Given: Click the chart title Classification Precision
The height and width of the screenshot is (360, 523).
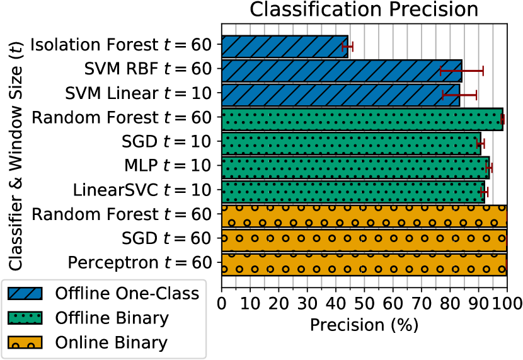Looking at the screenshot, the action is [364, 9].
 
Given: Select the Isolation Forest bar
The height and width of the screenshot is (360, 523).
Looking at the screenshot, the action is [285, 47].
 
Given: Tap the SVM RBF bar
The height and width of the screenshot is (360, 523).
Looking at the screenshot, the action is [342, 71].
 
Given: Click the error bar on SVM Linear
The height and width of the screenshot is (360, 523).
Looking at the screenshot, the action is [459, 95].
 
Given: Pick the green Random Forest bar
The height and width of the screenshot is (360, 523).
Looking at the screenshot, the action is [362, 119].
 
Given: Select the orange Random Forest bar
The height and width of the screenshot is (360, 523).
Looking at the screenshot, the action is [364, 216].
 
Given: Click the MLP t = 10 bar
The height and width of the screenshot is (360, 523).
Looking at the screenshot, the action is [355, 168].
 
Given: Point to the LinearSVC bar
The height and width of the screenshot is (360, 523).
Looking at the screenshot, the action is [353, 192].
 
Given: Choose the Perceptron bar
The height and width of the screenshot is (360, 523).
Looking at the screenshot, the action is [364, 265].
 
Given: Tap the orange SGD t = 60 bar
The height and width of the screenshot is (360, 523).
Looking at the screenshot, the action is [364, 240].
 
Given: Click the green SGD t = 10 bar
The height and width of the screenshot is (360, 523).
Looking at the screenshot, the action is [351, 144].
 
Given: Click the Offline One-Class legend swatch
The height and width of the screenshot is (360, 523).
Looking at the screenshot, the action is [25, 293].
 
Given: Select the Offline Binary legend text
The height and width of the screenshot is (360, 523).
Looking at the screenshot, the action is [112, 318].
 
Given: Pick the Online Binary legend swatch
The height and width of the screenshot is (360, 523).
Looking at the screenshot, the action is [25, 342].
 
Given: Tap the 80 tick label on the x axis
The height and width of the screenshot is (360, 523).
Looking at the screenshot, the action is [450, 303].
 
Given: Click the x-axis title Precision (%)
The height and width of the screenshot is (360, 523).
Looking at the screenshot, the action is [364, 325].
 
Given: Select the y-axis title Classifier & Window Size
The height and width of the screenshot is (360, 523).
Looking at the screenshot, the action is [15, 156].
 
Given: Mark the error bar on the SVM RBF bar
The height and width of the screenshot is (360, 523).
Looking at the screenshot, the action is [462, 71].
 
